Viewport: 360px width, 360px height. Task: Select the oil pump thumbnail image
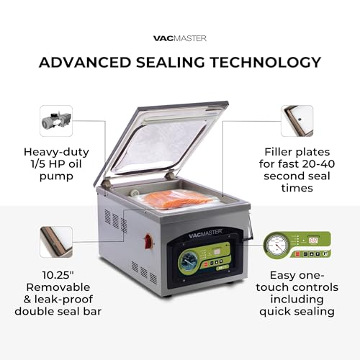pyautogui.click(x=56, y=120)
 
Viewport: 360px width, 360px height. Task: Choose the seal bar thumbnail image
pyautogui.click(x=56, y=242)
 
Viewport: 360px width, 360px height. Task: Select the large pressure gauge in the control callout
pyautogui.click(x=275, y=249)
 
